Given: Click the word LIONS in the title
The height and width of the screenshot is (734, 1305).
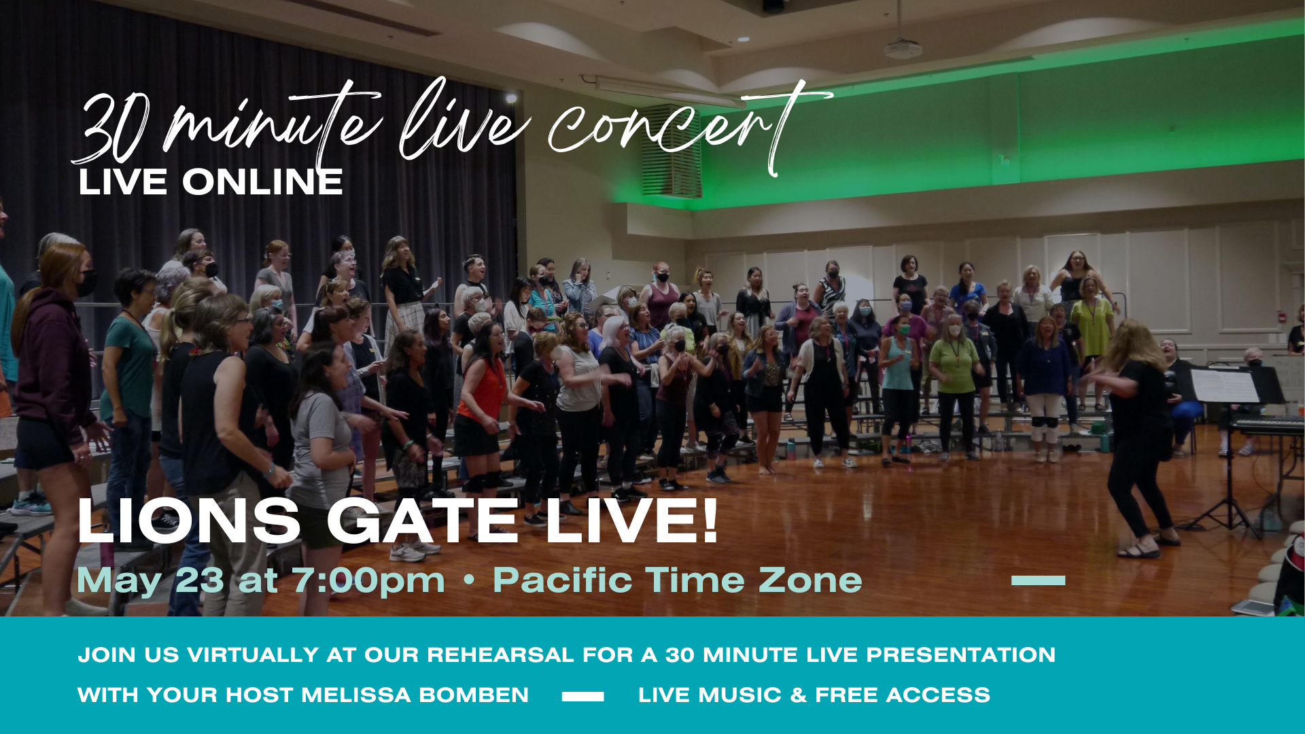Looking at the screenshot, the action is [189, 521].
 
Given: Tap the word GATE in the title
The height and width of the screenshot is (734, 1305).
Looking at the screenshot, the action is [423, 521].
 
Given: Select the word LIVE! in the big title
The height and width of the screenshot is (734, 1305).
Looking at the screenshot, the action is [631, 521].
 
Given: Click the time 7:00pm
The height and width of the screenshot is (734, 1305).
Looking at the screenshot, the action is [368, 581].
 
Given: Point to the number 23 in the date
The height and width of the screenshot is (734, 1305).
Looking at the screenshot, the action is [200, 580].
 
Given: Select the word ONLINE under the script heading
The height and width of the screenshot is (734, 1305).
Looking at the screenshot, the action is [262, 182].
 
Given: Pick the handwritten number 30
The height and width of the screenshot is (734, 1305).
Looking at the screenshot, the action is [112, 129].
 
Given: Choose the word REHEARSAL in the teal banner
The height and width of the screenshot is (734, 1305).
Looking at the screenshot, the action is [500, 655].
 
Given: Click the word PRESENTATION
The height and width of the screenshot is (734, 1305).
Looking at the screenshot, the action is [960, 655].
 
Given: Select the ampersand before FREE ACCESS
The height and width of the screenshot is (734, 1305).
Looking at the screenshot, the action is [799, 695].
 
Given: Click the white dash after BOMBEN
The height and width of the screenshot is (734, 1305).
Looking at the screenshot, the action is [583, 697].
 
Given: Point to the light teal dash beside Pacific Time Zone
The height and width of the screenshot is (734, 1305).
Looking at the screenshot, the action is [1038, 580].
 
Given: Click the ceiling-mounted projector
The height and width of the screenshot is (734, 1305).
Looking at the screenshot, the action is [903, 48].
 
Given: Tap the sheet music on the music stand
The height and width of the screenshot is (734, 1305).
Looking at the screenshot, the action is [1225, 385].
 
